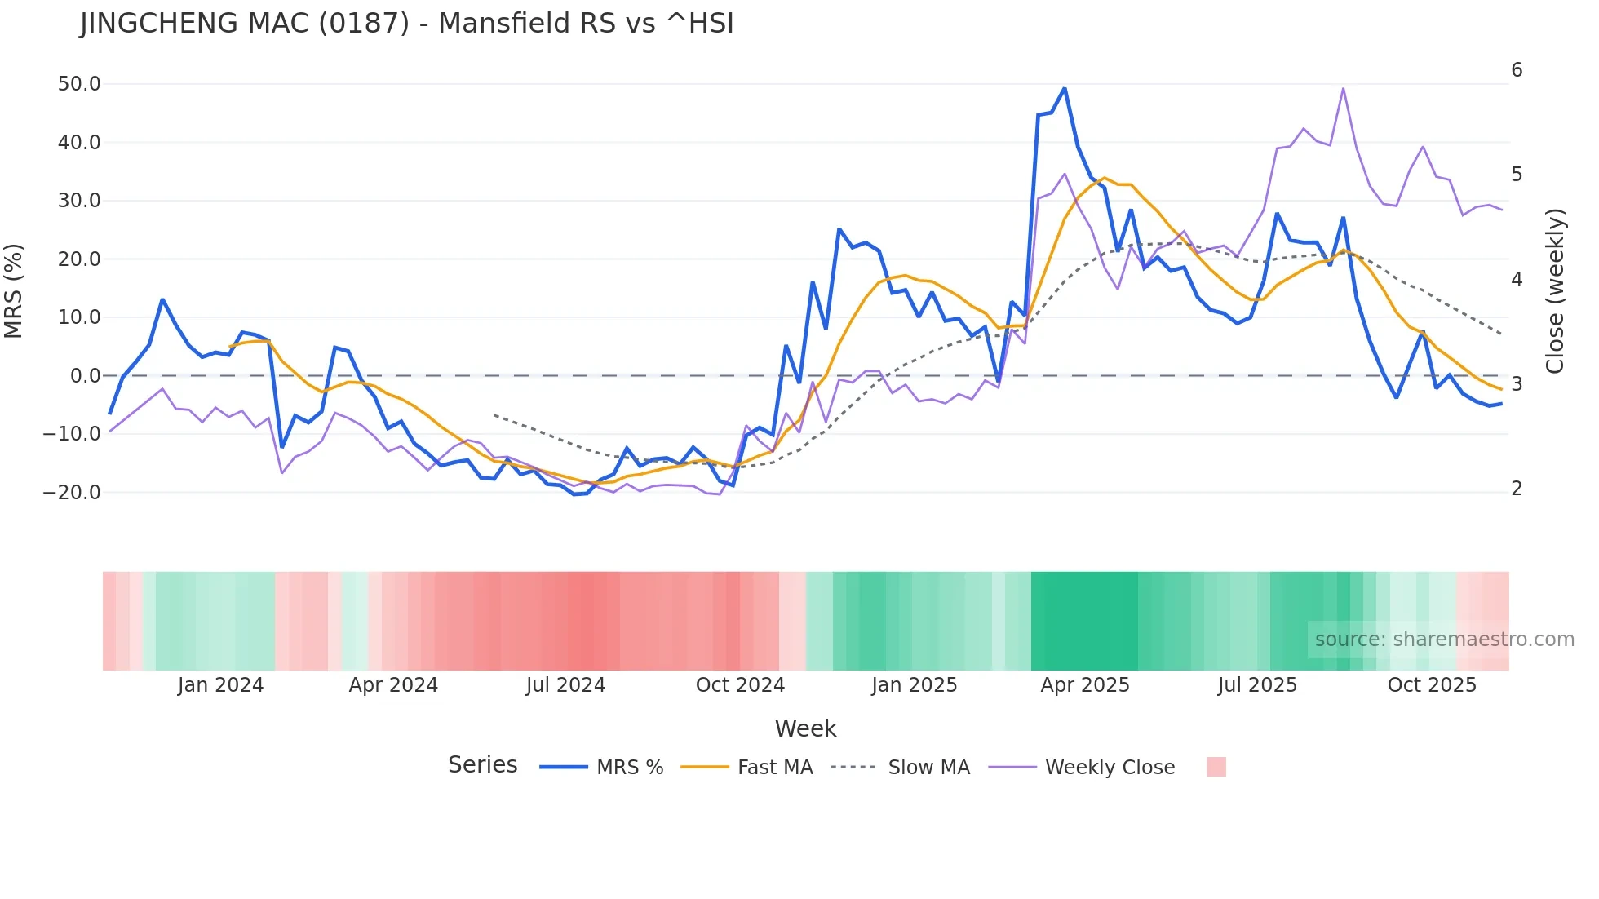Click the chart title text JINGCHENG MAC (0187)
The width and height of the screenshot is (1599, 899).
245,24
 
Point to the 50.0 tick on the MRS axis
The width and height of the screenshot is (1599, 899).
79,84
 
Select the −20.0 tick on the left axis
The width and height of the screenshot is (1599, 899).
72,493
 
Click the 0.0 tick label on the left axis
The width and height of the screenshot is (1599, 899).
85,376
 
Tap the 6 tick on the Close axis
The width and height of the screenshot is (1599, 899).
1517,70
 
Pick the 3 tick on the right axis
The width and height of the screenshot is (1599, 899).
1517,384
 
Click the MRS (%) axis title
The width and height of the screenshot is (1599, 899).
14,291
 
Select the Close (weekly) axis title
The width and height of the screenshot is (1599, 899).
1555,291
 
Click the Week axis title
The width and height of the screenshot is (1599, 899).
805,728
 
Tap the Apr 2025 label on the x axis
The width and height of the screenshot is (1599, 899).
1084,685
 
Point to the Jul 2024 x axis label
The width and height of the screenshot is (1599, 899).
565,685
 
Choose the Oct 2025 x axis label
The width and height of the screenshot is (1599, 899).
1432,685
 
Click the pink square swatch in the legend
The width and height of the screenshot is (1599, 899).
1216,767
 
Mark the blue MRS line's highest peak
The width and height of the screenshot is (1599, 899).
1064,88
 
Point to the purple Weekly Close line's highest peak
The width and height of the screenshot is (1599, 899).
1343,88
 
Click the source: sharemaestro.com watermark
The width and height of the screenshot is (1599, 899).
1444,640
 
